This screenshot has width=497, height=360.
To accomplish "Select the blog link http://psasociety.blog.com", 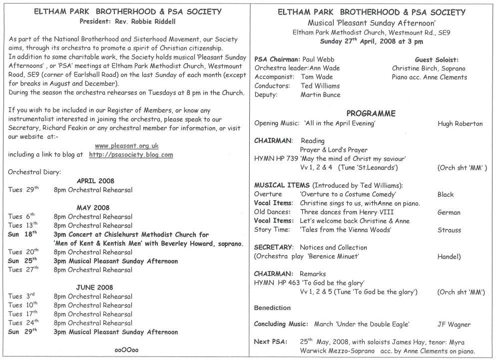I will tap(131, 155).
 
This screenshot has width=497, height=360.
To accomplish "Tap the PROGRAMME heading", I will tap(371, 114).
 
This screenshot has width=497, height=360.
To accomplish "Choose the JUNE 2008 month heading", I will tap(95, 288).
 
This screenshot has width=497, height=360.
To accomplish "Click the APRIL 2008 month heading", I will tap(96, 181).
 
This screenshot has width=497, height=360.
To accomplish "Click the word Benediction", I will tap(273, 307).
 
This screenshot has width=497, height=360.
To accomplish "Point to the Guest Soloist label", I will tap(437, 59).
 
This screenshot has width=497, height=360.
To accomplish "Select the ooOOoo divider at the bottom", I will tap(126, 350).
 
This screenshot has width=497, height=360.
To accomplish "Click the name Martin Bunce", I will tap(320, 95).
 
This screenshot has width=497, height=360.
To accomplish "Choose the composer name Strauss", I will tap(449, 230).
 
